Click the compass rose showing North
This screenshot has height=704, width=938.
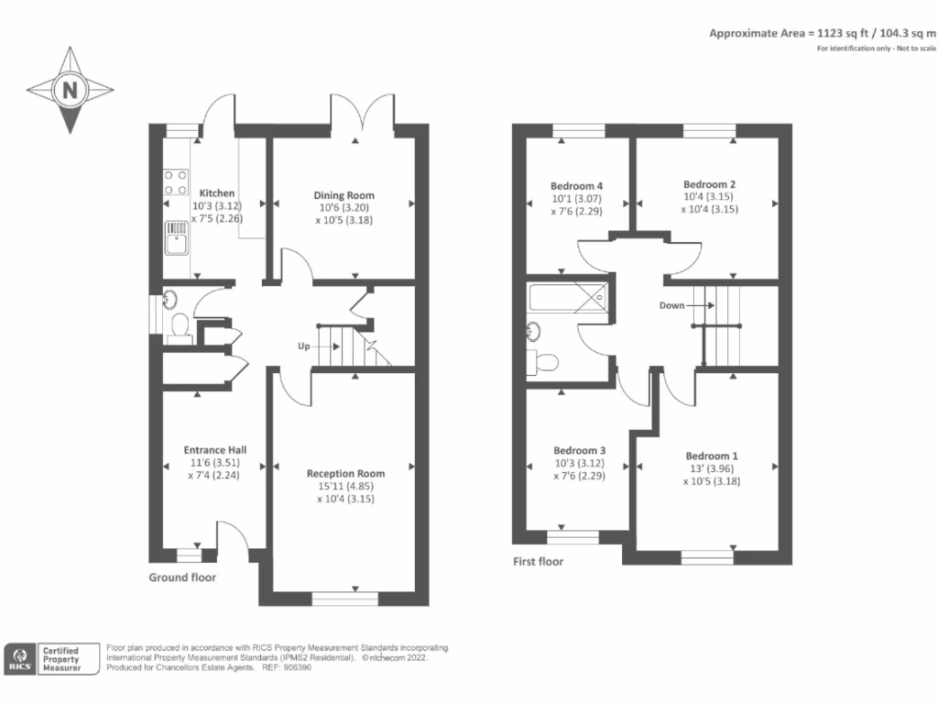(x=70, y=90)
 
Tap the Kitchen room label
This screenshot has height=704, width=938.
(x=217, y=193)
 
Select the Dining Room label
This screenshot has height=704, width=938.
(x=344, y=195)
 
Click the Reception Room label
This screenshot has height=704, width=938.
(x=345, y=473)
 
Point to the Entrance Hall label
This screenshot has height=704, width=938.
(x=214, y=449)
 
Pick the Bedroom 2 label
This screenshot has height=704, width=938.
(x=710, y=183)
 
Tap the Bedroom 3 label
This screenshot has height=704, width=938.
(x=579, y=450)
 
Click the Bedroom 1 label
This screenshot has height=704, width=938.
(x=712, y=456)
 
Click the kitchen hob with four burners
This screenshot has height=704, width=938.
(x=175, y=182)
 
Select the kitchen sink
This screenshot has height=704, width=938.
(x=175, y=239)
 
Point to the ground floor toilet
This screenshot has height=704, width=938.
(x=180, y=325)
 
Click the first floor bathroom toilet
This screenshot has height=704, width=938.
(x=546, y=362)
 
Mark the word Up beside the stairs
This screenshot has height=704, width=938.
(x=304, y=346)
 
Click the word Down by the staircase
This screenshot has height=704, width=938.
(x=671, y=305)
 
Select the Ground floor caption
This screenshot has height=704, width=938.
(x=182, y=577)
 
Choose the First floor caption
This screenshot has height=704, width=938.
(x=538, y=562)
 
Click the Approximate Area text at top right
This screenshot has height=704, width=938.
(x=821, y=32)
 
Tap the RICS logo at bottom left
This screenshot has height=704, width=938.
(x=19, y=658)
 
